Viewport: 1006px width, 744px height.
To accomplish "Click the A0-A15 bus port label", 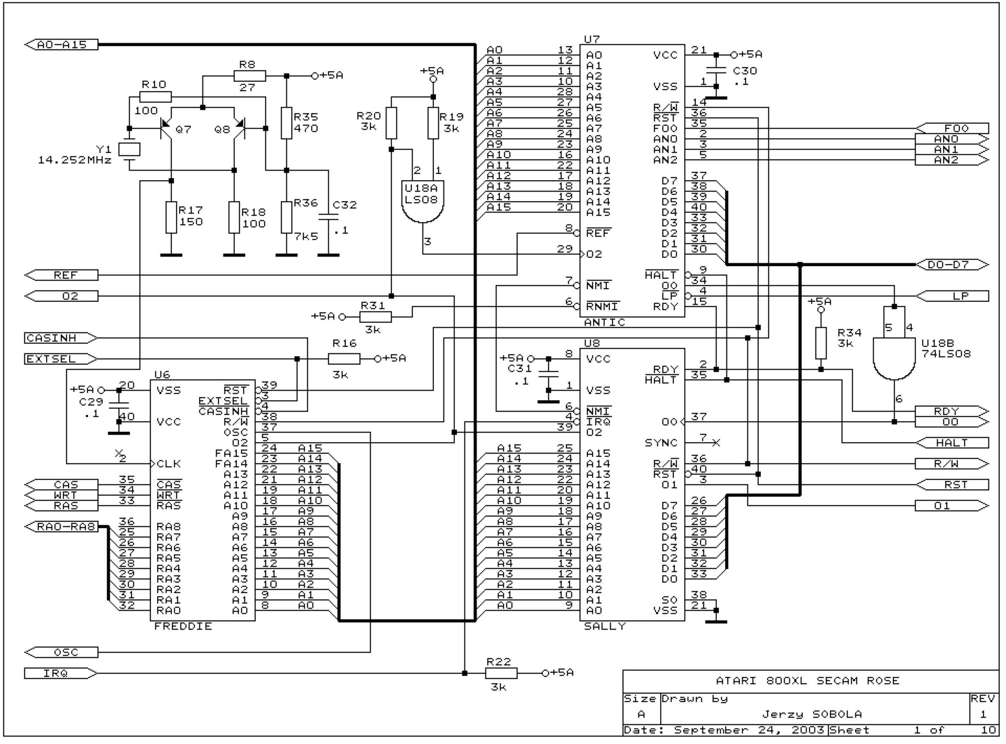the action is pos(61,44).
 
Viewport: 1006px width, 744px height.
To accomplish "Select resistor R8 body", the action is pos(249,76).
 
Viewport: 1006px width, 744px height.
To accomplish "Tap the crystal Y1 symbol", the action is pos(129,150).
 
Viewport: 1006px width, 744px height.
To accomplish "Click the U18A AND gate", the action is pos(423,201).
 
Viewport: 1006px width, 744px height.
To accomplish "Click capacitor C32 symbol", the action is pos(328,217).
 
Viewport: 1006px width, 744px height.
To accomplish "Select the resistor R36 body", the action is pos(286,217).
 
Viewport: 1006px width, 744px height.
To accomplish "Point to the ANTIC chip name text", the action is pos(604,322).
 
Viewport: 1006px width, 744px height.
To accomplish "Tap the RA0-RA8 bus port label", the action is pos(61,526).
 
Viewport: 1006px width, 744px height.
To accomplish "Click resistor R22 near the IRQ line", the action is pos(501,673).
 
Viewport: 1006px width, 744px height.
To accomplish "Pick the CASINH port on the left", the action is pos(60,338).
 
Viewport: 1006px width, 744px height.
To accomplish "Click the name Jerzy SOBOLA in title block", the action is pos(812,714).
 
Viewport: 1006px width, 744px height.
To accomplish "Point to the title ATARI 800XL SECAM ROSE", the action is pos(808,681).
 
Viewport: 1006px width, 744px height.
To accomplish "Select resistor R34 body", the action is pos(820,343).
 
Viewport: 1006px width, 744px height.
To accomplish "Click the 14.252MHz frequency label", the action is pos(75,160).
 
